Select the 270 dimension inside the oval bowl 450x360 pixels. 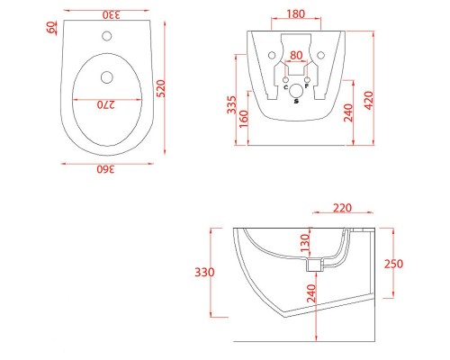[107, 104]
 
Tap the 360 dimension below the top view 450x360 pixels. [107, 169]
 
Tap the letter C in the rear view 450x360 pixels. [285, 87]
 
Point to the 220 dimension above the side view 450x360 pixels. [342, 207]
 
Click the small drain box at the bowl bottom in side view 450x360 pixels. [314, 265]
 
